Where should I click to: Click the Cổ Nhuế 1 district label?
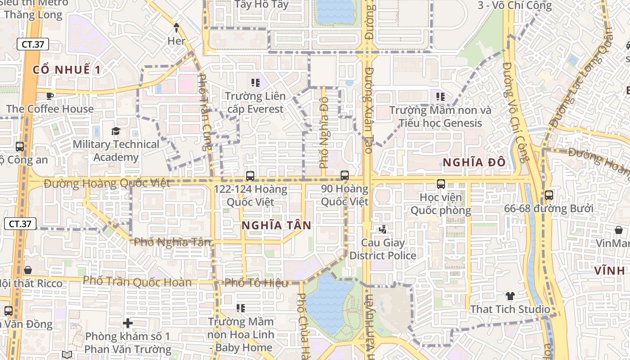click(67, 70)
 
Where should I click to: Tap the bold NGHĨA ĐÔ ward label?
click(474, 162)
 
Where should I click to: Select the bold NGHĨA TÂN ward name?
click(276, 225)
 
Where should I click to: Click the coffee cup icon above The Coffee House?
click(50, 95)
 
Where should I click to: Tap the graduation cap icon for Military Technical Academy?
click(116, 131)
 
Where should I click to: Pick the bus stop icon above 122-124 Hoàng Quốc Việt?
click(250, 176)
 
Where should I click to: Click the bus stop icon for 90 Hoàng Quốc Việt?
click(345, 175)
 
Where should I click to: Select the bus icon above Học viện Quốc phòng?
click(441, 184)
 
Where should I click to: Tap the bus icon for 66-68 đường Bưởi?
click(549, 195)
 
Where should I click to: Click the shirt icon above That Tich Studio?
click(510, 296)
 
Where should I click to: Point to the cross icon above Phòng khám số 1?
click(128, 323)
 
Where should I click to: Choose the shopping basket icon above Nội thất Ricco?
click(28, 270)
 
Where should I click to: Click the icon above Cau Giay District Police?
click(383, 229)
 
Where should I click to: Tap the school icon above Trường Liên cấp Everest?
click(256, 83)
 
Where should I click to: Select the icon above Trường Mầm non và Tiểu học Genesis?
click(441, 96)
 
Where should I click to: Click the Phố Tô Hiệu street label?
click(256, 283)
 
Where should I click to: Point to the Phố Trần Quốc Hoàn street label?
click(137, 281)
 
